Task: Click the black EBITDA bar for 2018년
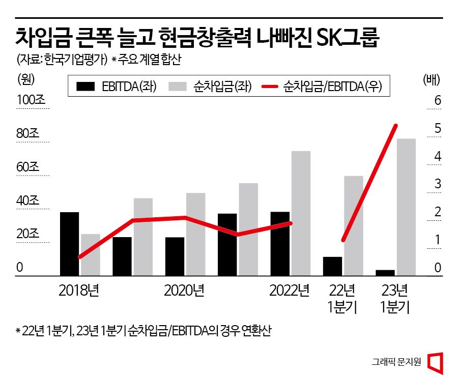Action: (70, 244)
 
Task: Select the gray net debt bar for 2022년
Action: (301, 213)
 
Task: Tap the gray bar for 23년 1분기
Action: (406, 207)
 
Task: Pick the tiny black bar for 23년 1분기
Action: (385, 273)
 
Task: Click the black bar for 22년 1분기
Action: (332, 266)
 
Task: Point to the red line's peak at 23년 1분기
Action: (396, 125)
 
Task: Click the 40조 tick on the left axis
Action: (28, 200)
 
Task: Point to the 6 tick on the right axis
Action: (437, 100)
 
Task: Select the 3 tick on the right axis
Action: (437, 184)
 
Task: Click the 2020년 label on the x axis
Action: (184, 291)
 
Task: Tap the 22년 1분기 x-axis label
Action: (342, 299)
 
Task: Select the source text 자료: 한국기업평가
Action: (61, 60)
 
